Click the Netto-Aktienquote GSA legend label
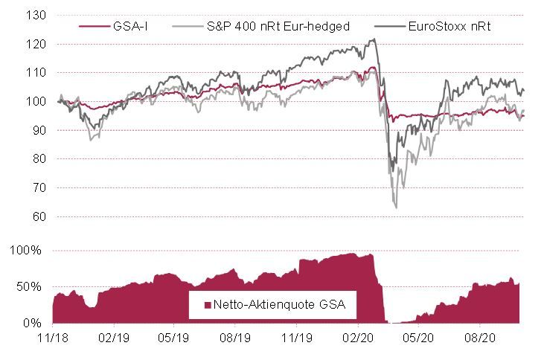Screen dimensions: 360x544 [281, 303]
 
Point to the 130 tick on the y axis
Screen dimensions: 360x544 [35, 15]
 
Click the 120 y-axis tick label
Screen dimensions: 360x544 [35, 44]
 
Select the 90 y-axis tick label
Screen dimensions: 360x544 [38, 130]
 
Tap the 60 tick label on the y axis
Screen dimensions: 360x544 [38, 217]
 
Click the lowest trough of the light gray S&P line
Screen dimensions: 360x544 [396, 208]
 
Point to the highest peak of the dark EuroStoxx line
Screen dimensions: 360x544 [372, 39]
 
